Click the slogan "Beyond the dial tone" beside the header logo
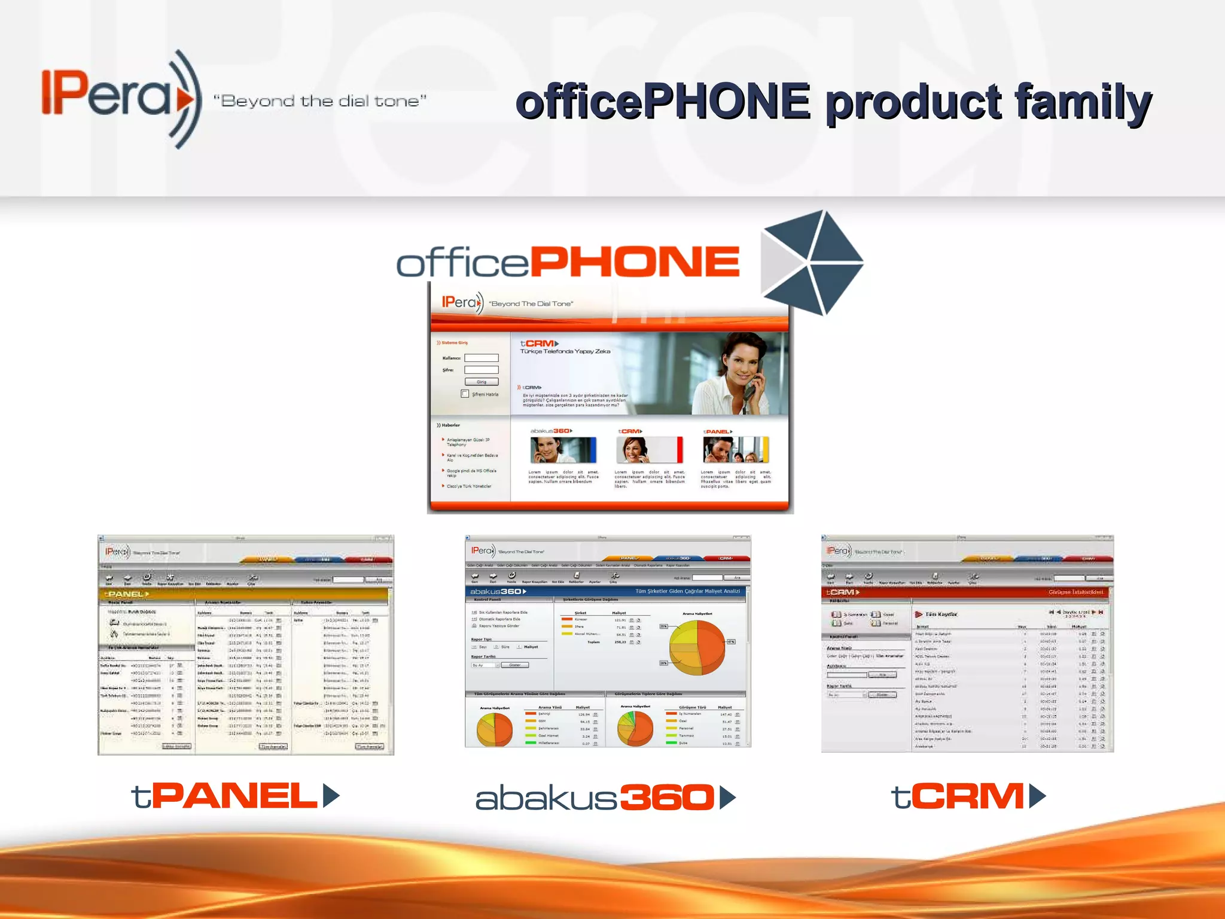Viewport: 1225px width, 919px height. (320, 101)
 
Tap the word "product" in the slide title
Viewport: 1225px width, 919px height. (914, 103)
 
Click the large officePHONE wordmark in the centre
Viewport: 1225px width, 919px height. (568, 262)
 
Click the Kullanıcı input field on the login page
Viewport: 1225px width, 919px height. (482, 358)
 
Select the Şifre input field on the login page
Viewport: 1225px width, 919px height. (482, 370)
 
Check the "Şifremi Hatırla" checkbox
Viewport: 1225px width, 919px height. (465, 394)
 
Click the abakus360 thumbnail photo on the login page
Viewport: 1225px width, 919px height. (563, 450)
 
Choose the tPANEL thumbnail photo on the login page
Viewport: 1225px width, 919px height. (736, 450)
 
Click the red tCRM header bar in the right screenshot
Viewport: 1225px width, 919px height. (965, 592)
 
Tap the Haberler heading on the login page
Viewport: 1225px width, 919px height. (450, 425)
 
